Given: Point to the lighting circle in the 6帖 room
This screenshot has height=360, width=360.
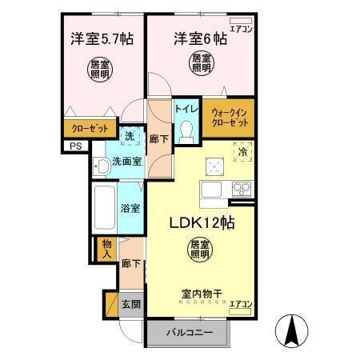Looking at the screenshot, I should click(x=200, y=62).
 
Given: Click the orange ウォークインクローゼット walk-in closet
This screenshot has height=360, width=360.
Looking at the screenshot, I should click(x=229, y=118).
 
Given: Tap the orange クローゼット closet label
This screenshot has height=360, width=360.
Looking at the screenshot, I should click(x=85, y=127).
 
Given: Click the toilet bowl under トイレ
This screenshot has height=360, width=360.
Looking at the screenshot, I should click(x=187, y=130).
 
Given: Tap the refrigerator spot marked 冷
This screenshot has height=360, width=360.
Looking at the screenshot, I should click(x=240, y=150).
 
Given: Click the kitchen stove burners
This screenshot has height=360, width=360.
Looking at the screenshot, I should click(x=242, y=190).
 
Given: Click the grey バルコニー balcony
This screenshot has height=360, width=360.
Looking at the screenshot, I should click(x=189, y=330).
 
